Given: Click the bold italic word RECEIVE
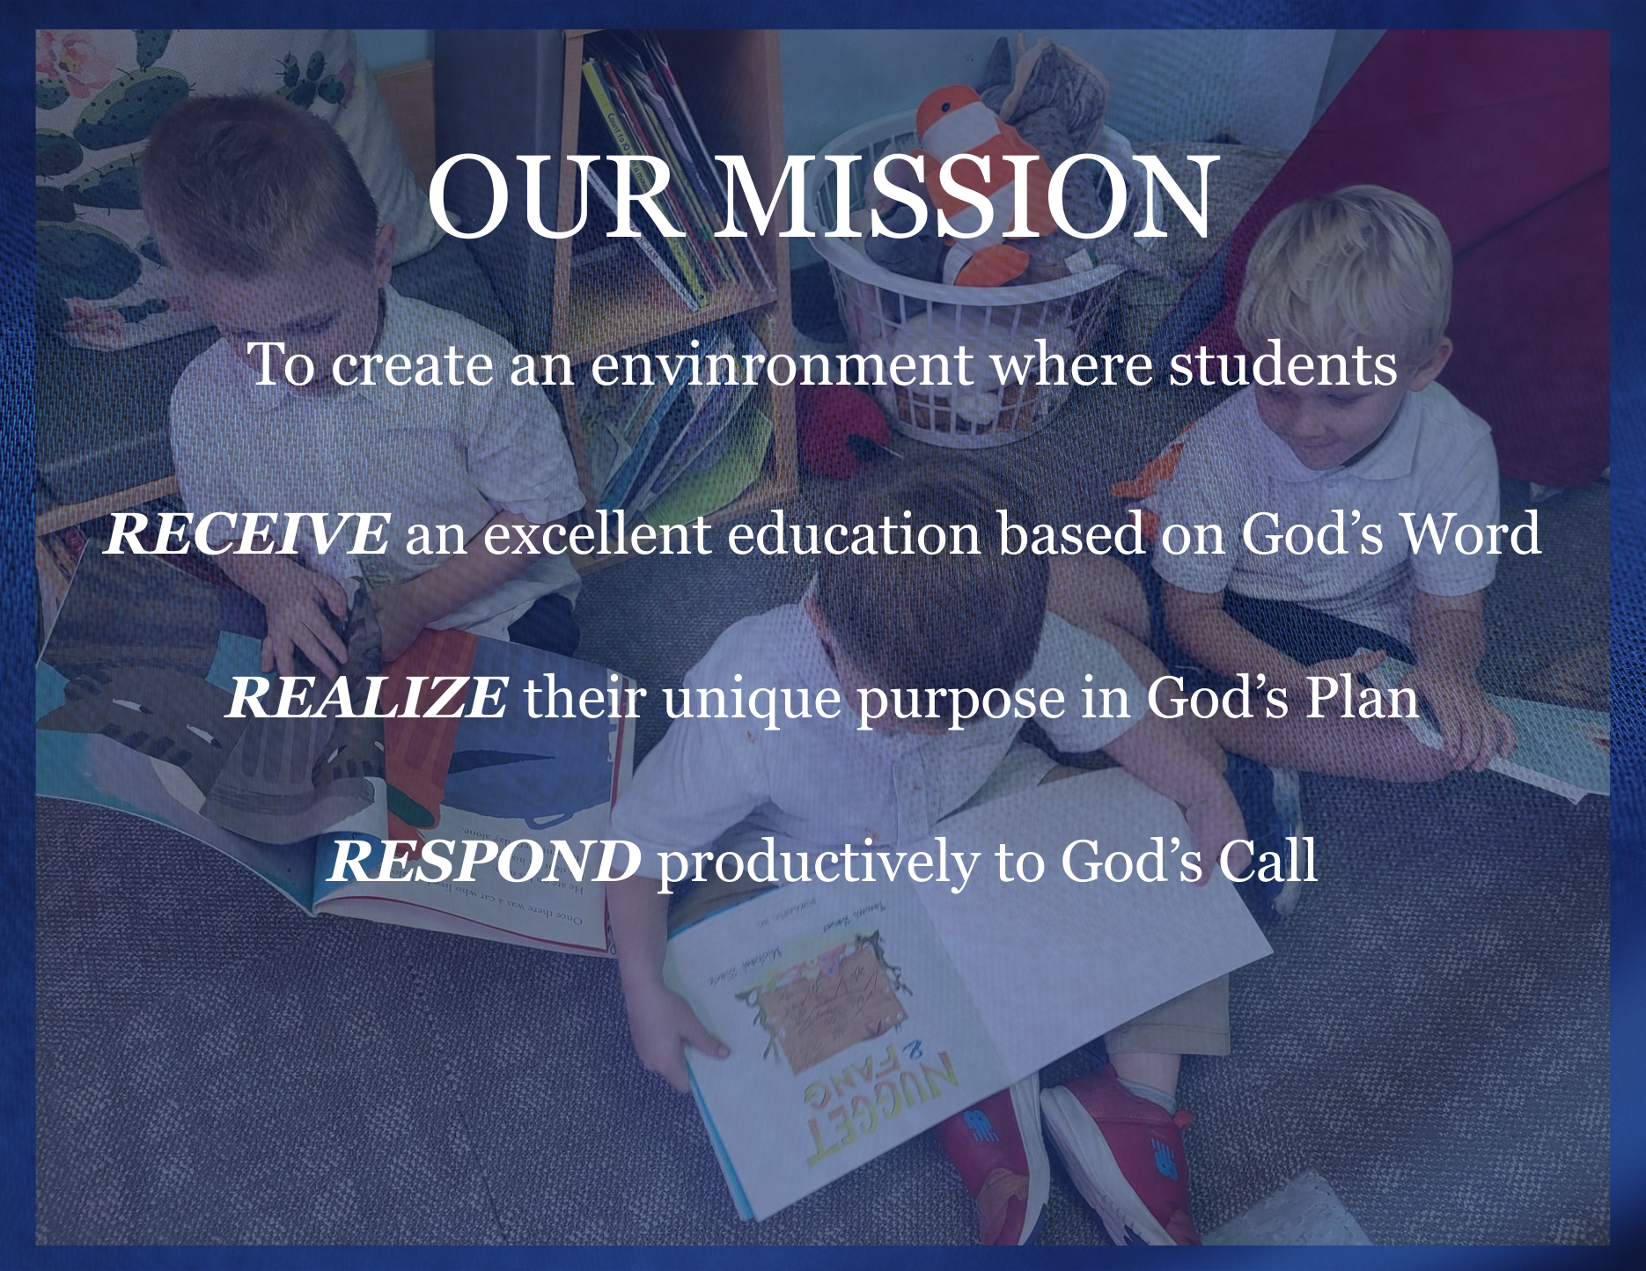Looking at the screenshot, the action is [246, 533].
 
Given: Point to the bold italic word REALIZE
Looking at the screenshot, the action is [366, 697].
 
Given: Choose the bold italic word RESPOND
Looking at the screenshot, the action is [484, 861].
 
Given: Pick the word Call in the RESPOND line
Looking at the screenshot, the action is [1268, 860].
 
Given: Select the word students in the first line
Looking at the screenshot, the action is [1282, 364].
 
